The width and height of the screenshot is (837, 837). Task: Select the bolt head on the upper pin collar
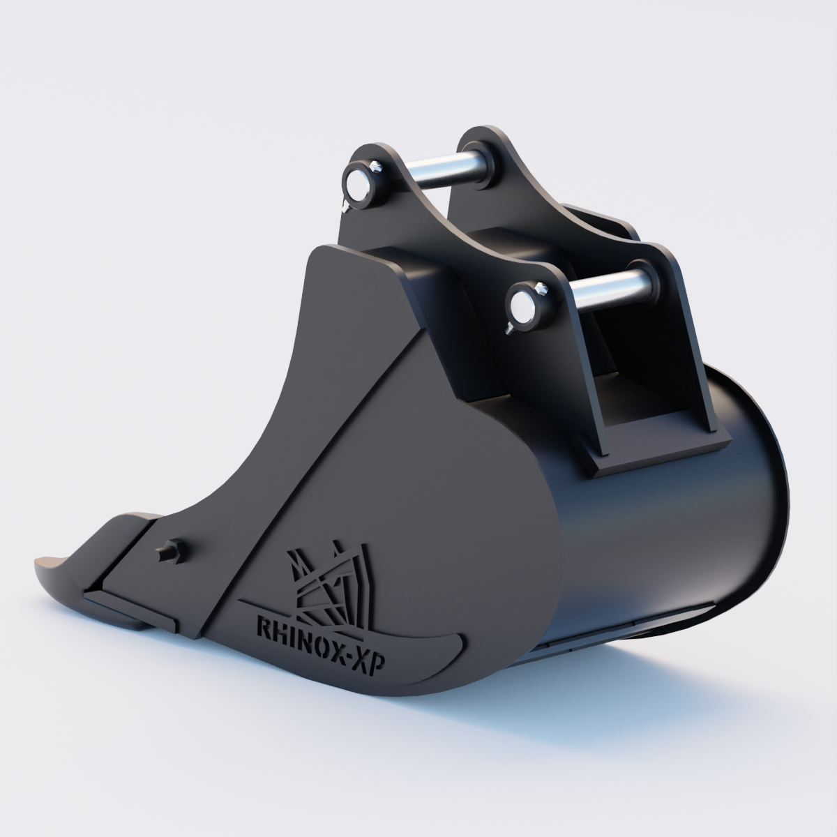click(x=377, y=167)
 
